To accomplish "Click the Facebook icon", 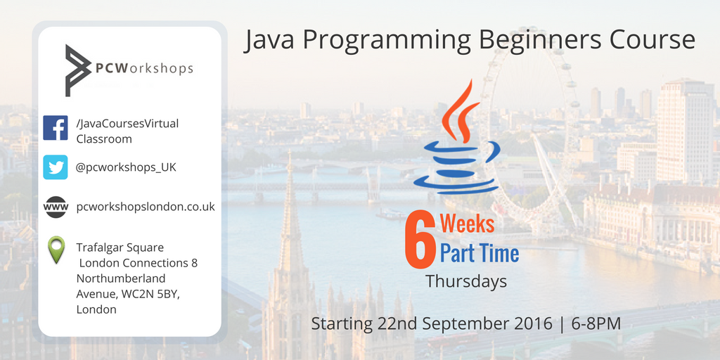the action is (x=55, y=128).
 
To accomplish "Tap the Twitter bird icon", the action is (x=55, y=167).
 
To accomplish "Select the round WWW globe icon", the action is (x=56, y=207).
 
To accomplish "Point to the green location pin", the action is (x=56, y=250).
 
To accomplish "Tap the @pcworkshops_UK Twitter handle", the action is (x=126, y=168).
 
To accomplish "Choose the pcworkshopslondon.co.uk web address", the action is (x=146, y=207).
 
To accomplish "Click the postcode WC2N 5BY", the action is (x=148, y=294).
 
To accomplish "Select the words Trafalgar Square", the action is (x=120, y=247).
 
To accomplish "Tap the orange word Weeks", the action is (x=467, y=224).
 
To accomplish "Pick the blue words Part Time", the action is (x=480, y=253).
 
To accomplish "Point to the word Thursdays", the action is (x=466, y=281).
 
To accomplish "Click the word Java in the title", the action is (x=269, y=40).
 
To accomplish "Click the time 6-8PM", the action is (x=596, y=323).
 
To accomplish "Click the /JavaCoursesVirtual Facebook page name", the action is (x=127, y=124).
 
